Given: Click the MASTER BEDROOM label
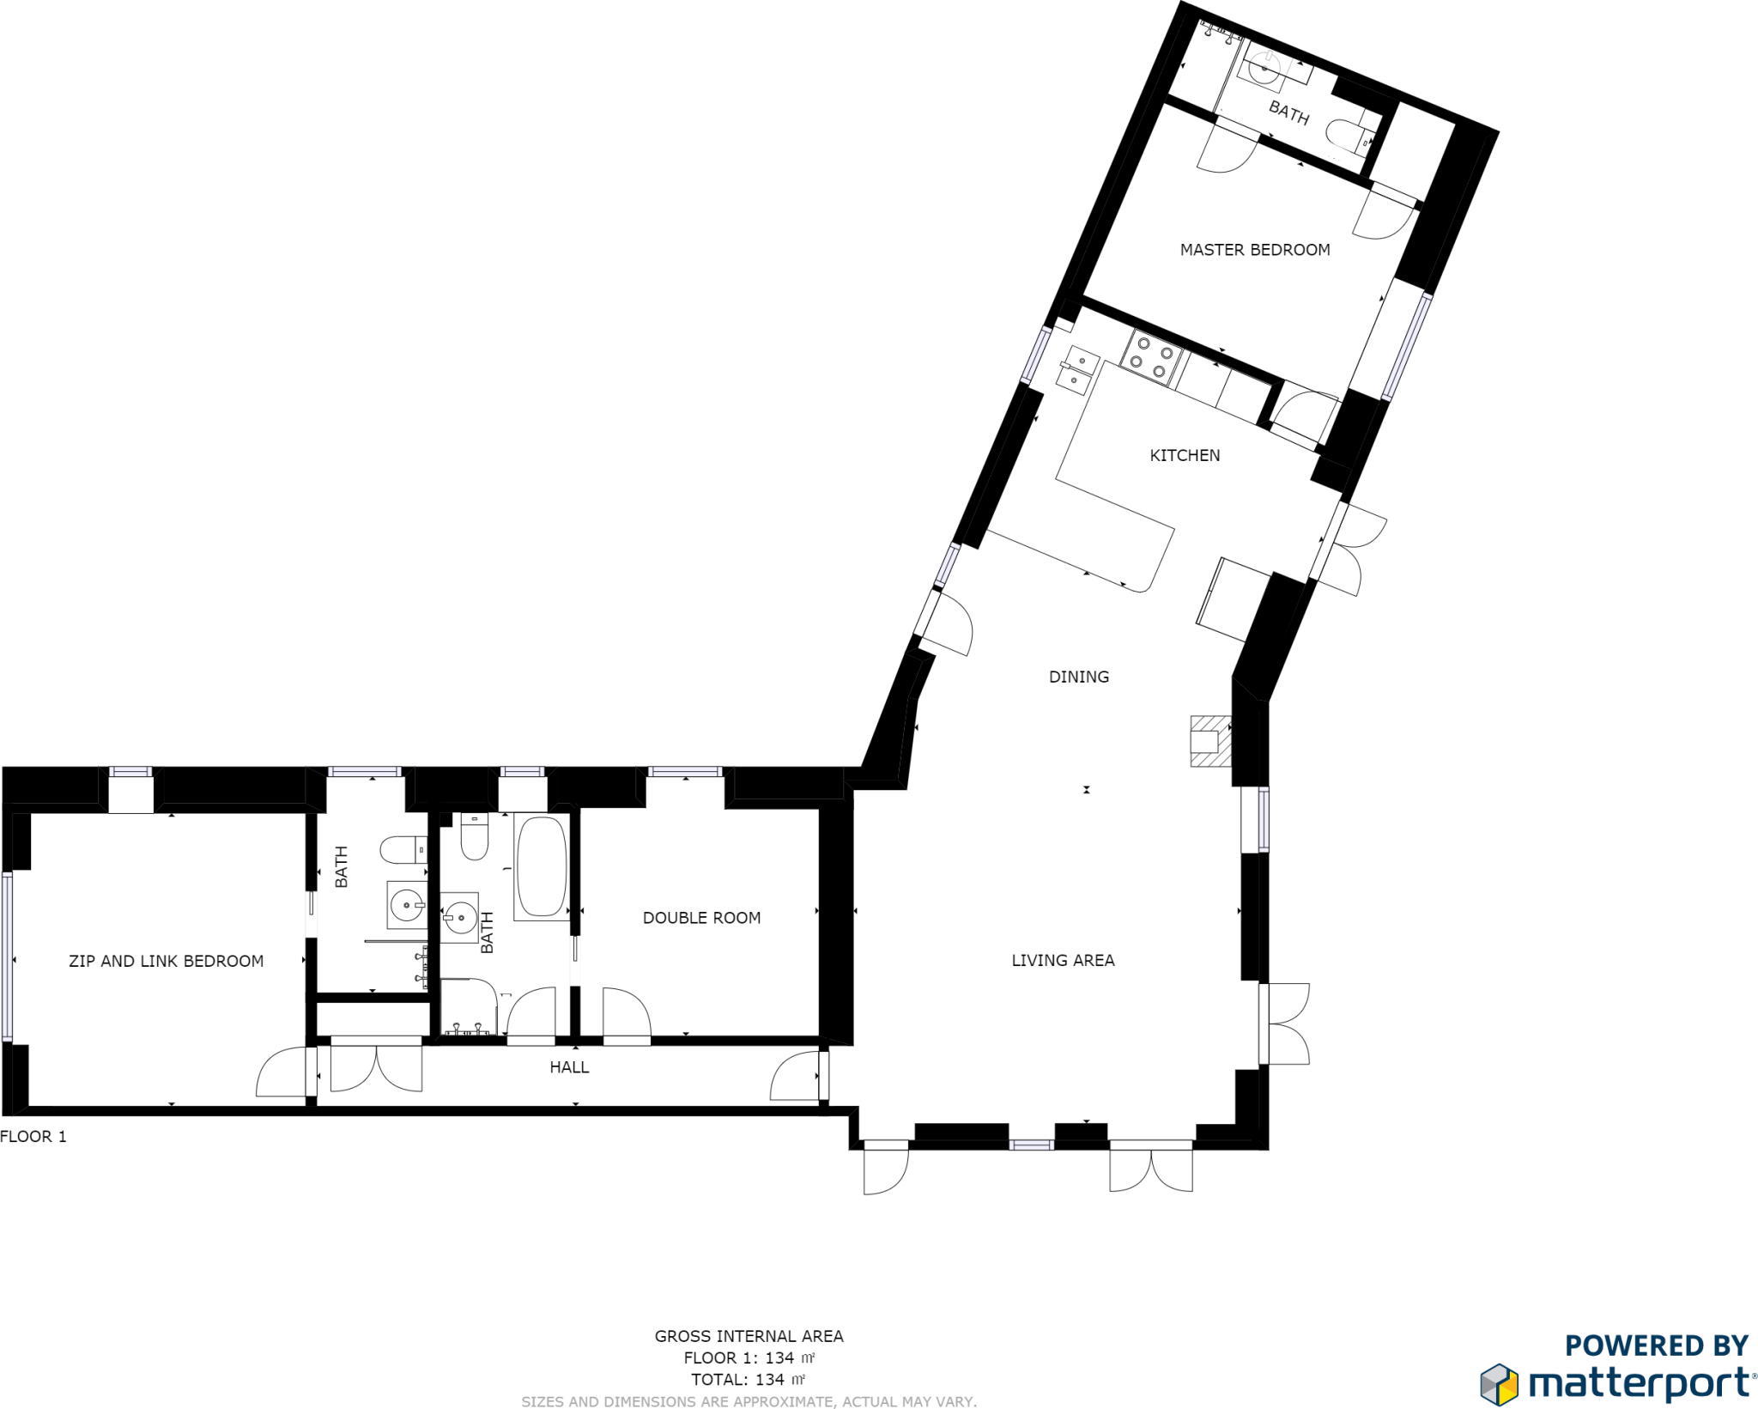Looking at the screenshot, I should tap(1254, 250).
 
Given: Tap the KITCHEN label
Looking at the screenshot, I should tap(1185, 455).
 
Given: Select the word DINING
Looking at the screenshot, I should tap(1078, 677).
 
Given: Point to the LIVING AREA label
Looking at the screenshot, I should tap(1063, 960).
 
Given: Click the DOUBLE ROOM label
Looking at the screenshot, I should tap(701, 918).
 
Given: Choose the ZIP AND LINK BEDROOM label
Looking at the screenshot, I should tap(166, 961).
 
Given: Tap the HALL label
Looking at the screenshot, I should tap(569, 1067).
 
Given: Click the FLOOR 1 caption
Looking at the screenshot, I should tap(33, 1137).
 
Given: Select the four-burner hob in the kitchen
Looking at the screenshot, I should tap(1151, 357).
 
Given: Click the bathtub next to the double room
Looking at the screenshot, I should tap(541, 866).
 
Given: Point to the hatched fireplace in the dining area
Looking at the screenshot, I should tap(1209, 740).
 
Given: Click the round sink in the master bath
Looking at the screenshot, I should tap(1264, 67).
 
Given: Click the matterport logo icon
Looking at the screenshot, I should tap(1499, 1383).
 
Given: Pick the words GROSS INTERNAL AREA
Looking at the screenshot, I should tap(749, 1336).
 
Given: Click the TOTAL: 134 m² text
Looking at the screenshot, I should tap(748, 1380).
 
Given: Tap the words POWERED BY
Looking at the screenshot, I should tap(1656, 1345).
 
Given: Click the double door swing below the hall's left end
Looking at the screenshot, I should tap(376, 1068).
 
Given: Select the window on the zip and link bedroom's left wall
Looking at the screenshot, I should tap(8, 957).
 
